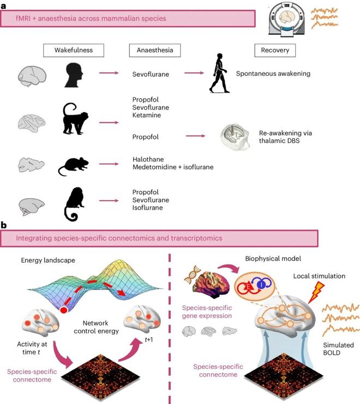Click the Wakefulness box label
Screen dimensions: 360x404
coord(74,50)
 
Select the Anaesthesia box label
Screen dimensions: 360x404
coord(155,50)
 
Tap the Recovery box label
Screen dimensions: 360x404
coord(275,50)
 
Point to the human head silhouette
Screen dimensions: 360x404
coord(74,75)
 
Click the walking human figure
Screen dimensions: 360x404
coord(219,73)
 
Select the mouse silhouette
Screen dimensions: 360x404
coord(74,166)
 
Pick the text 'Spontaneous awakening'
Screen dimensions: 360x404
coord(273,74)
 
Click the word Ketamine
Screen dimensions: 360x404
coord(147,115)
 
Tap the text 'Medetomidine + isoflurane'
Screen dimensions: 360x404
coord(173,167)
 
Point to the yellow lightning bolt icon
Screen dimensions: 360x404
coord(316,292)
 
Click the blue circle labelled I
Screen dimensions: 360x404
coord(261,285)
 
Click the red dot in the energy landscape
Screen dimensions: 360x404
coord(64,310)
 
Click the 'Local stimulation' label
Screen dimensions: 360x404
coord(319,276)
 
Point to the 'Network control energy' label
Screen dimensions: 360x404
coord(96,327)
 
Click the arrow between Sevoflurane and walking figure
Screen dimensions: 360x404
coord(194,73)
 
